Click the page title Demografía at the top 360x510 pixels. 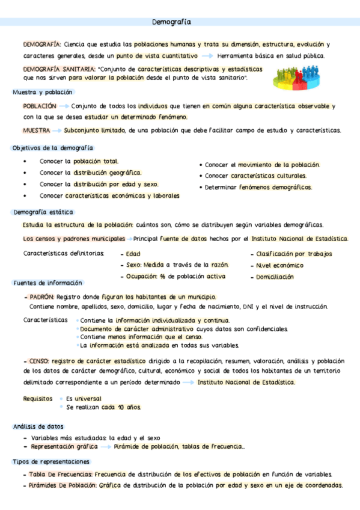click(172, 22)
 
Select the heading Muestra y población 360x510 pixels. click(43, 93)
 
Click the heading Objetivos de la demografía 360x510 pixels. click(53, 148)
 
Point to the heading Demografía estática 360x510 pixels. click(43, 212)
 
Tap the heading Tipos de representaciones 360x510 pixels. click(52, 461)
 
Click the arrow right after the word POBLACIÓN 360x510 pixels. click(64, 106)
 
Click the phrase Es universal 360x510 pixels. click(84, 398)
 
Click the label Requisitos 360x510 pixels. click(38, 398)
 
